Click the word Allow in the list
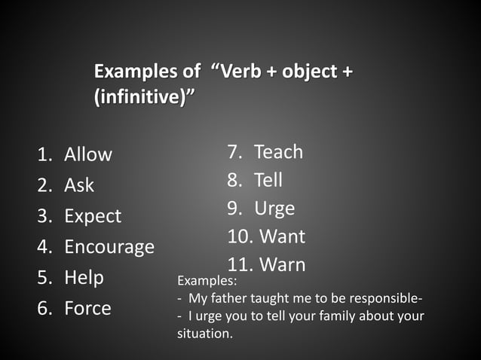88,154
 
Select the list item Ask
79,185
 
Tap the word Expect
93,216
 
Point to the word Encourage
109,247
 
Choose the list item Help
84,277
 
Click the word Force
87,308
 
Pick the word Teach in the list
278,152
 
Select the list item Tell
268,180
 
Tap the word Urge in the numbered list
274,208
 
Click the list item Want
282,236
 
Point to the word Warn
282,264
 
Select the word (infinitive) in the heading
143,97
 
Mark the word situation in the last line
204,333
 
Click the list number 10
240,236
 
